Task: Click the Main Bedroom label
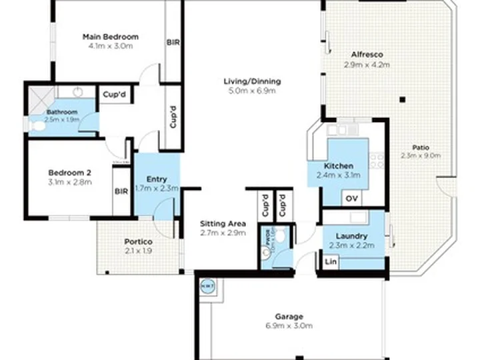point(110,36)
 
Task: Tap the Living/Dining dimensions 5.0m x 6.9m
point(252,91)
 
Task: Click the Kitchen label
point(338,166)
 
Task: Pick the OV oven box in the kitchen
point(351,199)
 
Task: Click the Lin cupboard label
point(329,262)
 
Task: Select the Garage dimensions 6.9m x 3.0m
point(289,326)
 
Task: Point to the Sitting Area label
point(223,223)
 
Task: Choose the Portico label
point(139,241)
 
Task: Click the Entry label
point(157,179)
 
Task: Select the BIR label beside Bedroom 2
point(121,191)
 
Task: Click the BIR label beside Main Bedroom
point(172,41)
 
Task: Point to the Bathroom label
point(62,112)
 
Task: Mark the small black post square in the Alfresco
point(402,100)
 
